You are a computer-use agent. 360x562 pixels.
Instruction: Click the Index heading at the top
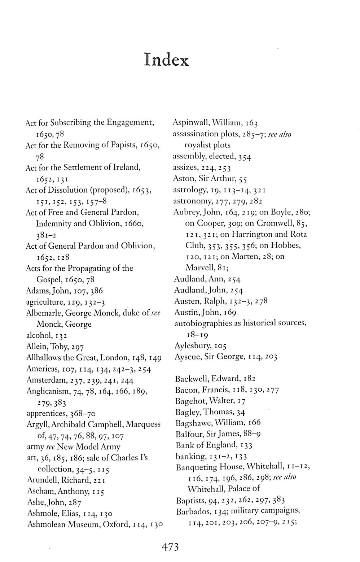click(x=166, y=60)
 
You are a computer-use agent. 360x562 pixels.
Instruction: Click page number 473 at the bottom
click(x=170, y=547)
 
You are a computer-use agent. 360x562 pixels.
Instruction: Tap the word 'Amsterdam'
click(x=41, y=380)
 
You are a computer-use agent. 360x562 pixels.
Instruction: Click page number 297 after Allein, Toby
click(x=78, y=347)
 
